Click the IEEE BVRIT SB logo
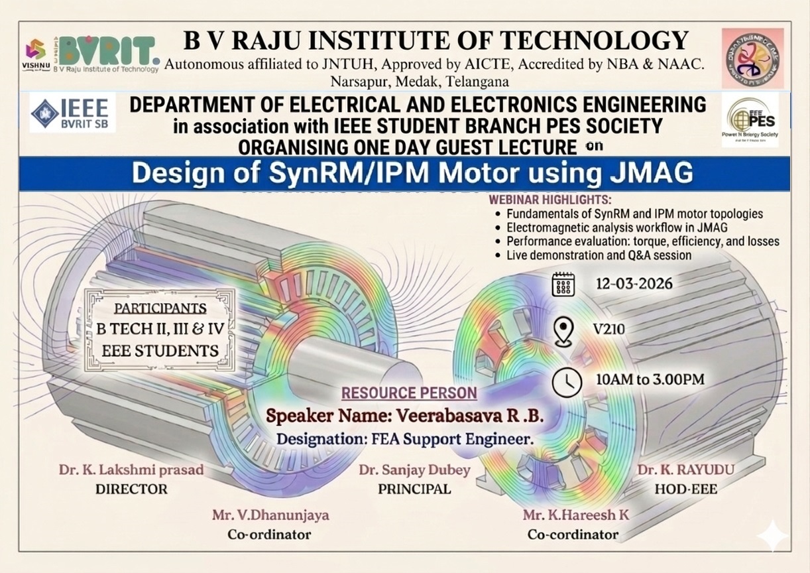coord(73,113)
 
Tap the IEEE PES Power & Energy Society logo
coord(750,119)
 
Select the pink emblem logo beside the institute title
coord(752,58)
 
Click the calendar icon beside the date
coord(563,284)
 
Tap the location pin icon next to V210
coord(563,332)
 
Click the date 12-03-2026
coord(633,284)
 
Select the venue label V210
coord(609,329)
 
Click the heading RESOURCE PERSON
coord(409,393)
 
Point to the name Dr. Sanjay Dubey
coord(414,470)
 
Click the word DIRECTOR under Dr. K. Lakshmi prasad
coord(131,489)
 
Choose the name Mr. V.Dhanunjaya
coord(270,515)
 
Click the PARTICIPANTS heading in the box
coord(160,308)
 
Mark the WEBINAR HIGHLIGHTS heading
coord(550,200)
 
